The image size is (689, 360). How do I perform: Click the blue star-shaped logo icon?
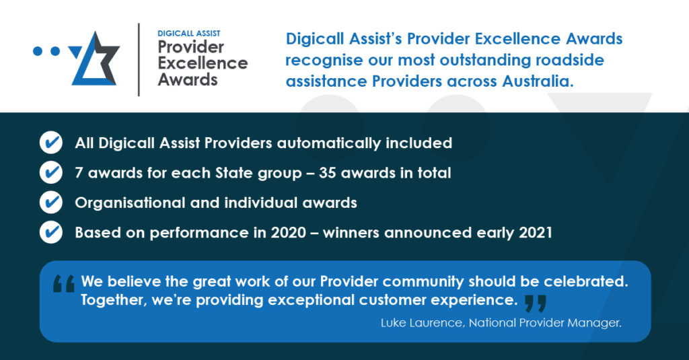pyautogui.click(x=95, y=59)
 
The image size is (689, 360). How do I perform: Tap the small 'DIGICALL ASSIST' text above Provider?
pyautogui.click(x=189, y=33)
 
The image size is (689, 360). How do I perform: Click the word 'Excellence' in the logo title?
pyautogui.click(x=203, y=64)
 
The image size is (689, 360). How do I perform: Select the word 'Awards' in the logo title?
pyautogui.click(x=188, y=80)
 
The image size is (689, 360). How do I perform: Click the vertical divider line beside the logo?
pyautogui.click(x=139, y=59)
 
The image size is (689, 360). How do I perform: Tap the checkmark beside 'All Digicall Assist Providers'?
pyautogui.click(x=51, y=143)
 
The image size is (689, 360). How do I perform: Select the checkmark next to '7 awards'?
pyautogui.click(x=51, y=173)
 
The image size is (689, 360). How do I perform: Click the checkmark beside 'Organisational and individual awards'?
pyautogui.click(x=51, y=202)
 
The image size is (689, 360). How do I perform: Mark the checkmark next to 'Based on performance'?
pyautogui.click(x=51, y=232)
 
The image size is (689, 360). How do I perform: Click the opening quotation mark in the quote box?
pyautogui.click(x=64, y=285)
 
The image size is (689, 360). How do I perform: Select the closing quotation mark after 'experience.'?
pyautogui.click(x=535, y=303)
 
